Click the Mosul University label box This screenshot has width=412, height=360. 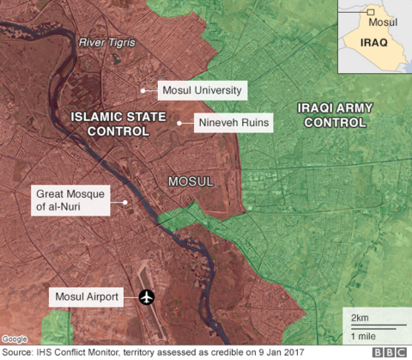[203, 89]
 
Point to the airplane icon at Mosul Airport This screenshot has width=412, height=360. [147, 297]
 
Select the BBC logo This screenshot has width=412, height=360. [390, 351]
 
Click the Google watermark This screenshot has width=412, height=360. [15, 339]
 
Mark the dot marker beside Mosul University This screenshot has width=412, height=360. [142, 88]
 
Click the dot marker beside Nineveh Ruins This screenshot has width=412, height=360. [179, 124]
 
